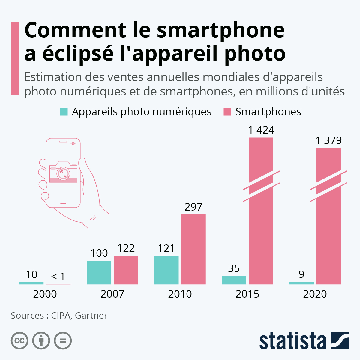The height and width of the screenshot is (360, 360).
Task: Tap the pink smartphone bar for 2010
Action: point(193,249)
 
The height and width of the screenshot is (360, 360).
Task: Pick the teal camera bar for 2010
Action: point(166,270)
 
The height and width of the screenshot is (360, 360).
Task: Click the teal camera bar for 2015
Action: point(234,280)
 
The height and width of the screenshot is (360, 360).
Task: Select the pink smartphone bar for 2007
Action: point(126,270)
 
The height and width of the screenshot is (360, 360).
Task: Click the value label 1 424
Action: point(261,130)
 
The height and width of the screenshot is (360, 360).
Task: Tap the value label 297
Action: point(193,207)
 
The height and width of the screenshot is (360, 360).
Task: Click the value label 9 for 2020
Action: point(301,274)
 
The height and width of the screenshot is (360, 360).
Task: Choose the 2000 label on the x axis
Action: point(45,294)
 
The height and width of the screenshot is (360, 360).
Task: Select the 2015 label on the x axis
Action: point(247,294)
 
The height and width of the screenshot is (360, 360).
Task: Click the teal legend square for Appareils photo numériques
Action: point(64,112)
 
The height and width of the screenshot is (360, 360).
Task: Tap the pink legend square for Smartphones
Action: point(227,112)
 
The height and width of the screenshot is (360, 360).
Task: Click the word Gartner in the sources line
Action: point(91,316)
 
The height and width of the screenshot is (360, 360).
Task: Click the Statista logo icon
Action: point(340,340)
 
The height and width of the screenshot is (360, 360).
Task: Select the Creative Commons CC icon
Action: point(19,341)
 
